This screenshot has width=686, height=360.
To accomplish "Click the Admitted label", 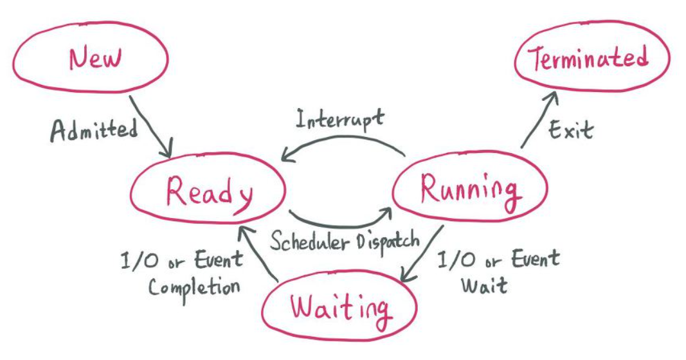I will point(94,130).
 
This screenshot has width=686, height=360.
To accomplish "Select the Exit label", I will point(570,130).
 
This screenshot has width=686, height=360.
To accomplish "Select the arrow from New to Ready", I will point(151,128).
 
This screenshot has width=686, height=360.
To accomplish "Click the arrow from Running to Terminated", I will point(539,118).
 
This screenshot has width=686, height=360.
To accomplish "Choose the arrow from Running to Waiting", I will point(422,254).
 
